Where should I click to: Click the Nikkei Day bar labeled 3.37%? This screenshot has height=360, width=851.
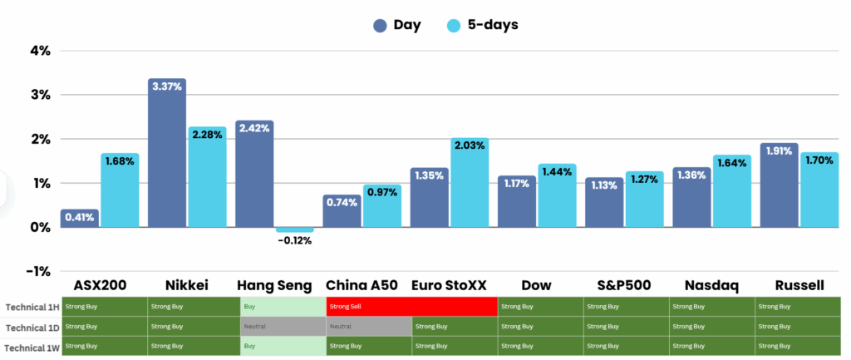pyautogui.click(x=166, y=153)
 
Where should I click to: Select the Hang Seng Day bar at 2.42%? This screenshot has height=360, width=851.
pyautogui.click(x=254, y=174)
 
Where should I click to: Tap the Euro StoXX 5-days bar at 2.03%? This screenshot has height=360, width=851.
pyautogui.click(x=469, y=183)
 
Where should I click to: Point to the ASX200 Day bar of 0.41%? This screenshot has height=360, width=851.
pyautogui.click(x=80, y=218)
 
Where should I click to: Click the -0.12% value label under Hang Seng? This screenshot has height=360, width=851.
pyautogui.click(x=295, y=241)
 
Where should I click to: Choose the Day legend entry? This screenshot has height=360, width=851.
pyautogui.click(x=396, y=25)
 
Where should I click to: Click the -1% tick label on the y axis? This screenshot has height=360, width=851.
pyautogui.click(x=39, y=271)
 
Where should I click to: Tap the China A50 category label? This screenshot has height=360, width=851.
pyautogui.click(x=362, y=285)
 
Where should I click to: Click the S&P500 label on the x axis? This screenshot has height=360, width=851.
pyautogui.click(x=623, y=285)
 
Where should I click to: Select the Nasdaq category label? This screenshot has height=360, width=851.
pyautogui.click(x=711, y=285)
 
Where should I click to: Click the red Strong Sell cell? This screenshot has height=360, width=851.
pyautogui.click(x=412, y=306)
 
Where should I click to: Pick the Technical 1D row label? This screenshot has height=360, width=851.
pyautogui.click(x=32, y=326)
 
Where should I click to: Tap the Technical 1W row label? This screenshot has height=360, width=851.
pyautogui.click(x=31, y=346)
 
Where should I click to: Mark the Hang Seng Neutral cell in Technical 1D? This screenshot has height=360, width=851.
pyautogui.click(x=283, y=326)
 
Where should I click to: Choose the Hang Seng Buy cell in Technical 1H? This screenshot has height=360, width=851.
pyautogui.click(x=283, y=306)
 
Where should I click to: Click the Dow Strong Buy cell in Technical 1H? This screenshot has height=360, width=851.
pyautogui.click(x=541, y=306)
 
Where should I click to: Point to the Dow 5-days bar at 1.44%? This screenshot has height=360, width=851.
pyautogui.click(x=556, y=195)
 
